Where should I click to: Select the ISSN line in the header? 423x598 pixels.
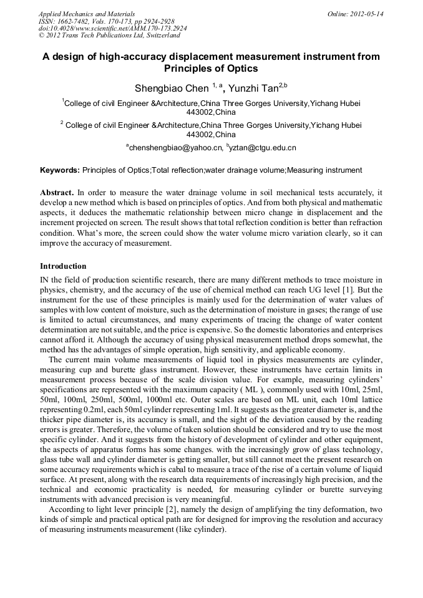[x=107, y=21]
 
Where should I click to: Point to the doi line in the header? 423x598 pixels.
[x=112, y=28]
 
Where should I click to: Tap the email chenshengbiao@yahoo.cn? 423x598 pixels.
[x=175, y=148]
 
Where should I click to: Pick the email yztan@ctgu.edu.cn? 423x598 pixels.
[x=263, y=148]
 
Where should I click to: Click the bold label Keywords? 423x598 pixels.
[x=60, y=170]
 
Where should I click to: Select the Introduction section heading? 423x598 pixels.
[x=63, y=266]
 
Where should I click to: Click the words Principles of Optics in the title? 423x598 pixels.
[x=211, y=69]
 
